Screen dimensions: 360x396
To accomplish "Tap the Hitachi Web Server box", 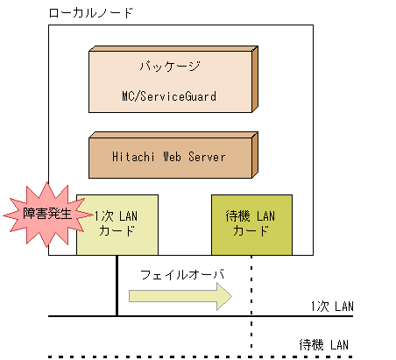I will coord(169,158).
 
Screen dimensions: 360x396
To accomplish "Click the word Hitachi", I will coord(136,158).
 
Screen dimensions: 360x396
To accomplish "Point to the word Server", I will coord(204,158).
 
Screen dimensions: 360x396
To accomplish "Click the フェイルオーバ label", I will coord(182,275).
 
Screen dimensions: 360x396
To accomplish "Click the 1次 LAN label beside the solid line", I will coord(331,307).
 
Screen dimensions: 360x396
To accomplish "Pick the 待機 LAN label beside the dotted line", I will coord(324,344).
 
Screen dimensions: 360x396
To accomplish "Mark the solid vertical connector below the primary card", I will coord(117,285).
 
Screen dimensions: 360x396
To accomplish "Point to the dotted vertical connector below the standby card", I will coord(251,302).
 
